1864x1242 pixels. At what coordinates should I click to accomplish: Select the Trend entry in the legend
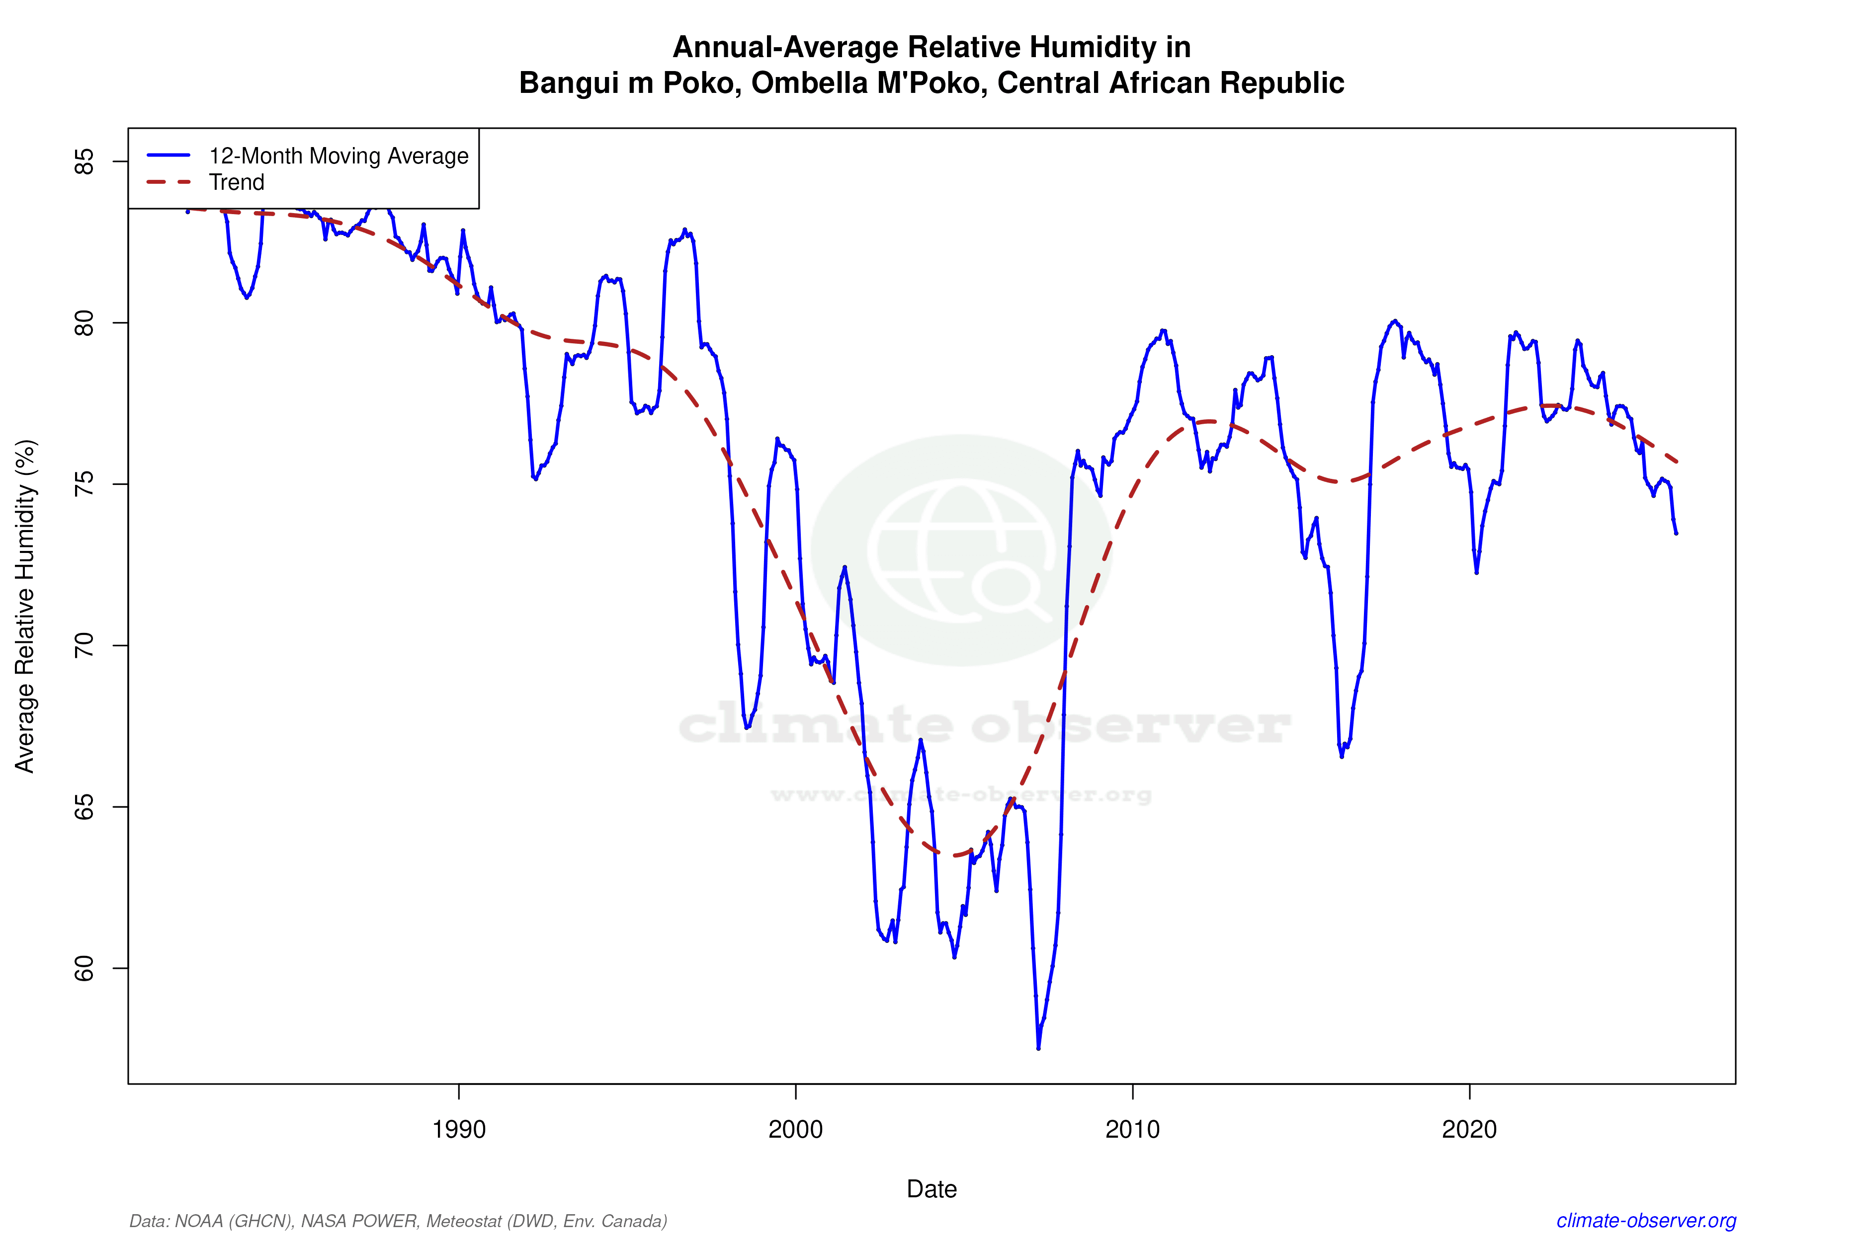[236, 182]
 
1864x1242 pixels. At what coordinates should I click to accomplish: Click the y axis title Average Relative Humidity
[25, 606]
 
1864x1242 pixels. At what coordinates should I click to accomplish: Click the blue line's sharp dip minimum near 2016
[1342, 757]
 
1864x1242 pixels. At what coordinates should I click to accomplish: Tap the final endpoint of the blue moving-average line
[1676, 533]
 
